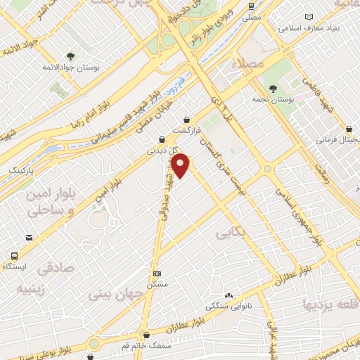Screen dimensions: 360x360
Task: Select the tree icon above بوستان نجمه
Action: (273, 89)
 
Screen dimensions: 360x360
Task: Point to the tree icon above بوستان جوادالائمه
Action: (70, 56)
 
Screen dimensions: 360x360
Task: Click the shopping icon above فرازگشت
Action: (186, 120)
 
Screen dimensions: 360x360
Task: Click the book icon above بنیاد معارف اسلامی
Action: (308, 17)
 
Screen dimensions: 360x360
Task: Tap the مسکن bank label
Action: (157, 284)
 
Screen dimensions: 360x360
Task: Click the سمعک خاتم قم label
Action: (146, 347)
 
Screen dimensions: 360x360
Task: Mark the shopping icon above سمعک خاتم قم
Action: (146, 335)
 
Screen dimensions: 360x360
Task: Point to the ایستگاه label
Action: (15, 267)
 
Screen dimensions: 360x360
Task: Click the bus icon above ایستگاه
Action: (15, 256)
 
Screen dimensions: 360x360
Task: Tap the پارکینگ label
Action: (20, 171)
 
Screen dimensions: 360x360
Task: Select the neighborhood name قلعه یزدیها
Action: (330, 304)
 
